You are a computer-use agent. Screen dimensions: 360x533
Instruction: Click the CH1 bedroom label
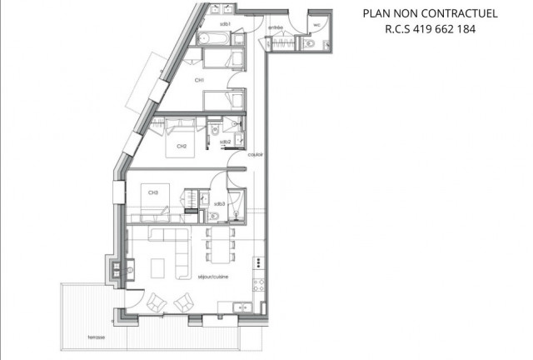click(200, 80)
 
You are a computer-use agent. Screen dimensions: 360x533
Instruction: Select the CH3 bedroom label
click(153, 193)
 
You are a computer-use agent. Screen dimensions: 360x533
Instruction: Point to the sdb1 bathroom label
click(225, 25)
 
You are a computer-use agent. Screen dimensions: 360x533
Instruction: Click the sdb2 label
click(225, 142)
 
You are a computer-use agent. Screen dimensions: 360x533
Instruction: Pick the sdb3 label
click(220, 204)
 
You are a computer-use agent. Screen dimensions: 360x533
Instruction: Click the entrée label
click(276, 27)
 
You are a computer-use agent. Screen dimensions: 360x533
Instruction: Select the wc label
click(317, 25)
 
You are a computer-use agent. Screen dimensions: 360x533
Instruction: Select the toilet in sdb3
click(214, 215)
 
